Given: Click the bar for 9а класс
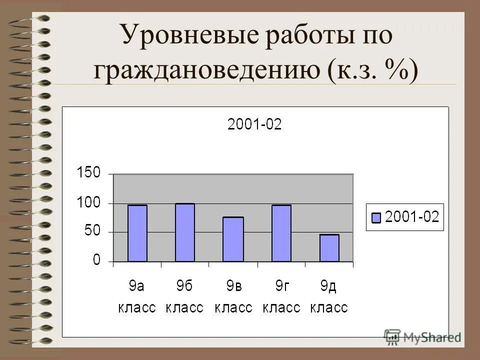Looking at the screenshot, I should point(137,233).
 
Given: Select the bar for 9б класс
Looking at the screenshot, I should point(185,232).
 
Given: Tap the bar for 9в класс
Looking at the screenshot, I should point(233,239).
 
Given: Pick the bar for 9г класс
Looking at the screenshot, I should point(281,233).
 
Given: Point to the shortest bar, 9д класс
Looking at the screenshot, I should point(329,248).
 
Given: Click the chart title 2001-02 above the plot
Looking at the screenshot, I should point(254,124).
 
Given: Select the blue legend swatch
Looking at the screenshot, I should point(376,217).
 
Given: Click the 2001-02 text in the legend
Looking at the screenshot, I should point(411,217).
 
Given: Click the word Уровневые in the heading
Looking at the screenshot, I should point(193,38).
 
